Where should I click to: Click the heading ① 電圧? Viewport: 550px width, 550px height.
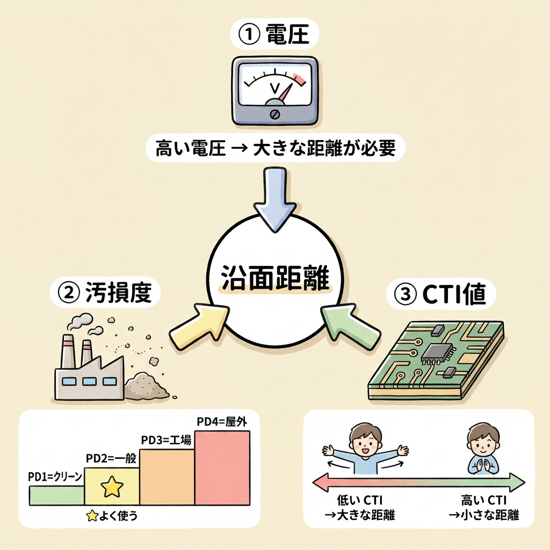(x=274, y=36)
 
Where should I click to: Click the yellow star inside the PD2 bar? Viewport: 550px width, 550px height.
(x=112, y=487)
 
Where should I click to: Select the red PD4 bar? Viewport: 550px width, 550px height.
(x=222, y=467)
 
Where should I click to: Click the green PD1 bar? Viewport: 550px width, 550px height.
(x=56, y=495)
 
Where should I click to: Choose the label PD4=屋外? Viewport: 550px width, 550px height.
(x=221, y=422)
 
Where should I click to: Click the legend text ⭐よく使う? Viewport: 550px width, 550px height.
(x=112, y=516)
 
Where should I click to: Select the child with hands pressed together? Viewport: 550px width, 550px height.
(x=482, y=449)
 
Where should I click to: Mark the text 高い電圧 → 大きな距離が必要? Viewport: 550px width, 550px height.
(x=274, y=148)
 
